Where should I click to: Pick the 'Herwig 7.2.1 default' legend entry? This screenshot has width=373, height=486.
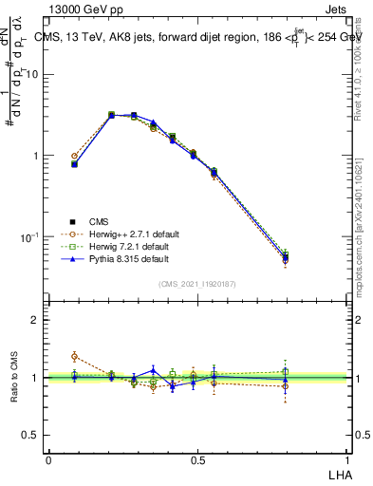pyautogui.click(x=121, y=246)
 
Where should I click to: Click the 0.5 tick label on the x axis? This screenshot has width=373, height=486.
pyautogui.click(x=197, y=459)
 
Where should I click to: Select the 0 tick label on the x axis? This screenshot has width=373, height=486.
pyautogui.click(x=48, y=459)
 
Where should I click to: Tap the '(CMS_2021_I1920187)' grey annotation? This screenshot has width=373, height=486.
pyautogui.click(x=197, y=283)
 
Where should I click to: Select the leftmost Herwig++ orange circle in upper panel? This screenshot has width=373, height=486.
pyautogui.click(x=74, y=156)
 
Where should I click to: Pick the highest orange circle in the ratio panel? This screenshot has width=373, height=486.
pyautogui.click(x=74, y=356)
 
